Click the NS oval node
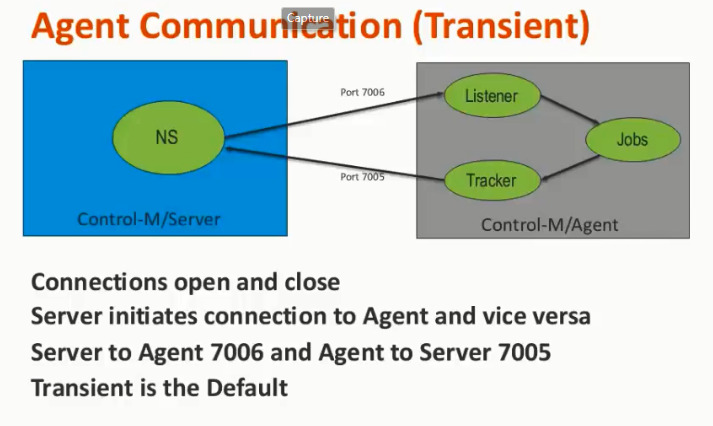167,137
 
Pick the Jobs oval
633,139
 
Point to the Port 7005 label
362,177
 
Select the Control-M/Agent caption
549,224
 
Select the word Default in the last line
247,387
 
